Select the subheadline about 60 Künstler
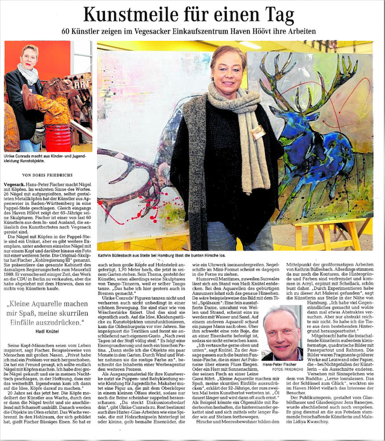coord(192,32)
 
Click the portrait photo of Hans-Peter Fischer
coord(282,332)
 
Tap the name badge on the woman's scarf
coord(258,131)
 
